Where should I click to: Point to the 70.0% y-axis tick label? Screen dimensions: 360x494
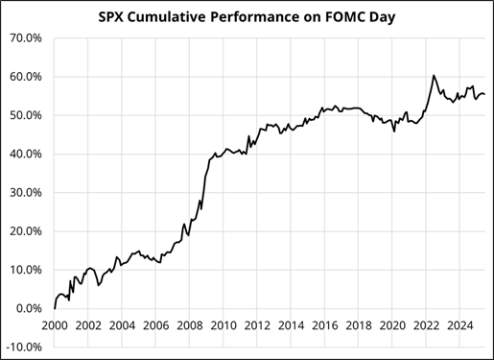coord(27,38)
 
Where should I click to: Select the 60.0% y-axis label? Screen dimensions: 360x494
coord(27,77)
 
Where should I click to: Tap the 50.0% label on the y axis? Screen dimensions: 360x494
coord(27,115)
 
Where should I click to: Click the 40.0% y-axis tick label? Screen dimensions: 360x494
coord(27,154)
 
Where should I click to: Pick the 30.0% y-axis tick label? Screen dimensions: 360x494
coord(27,192)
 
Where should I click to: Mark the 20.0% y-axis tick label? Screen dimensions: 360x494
coord(27,231)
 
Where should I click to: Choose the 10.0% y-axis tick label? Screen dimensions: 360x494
coord(27,270)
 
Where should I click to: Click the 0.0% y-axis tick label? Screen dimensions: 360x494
coord(30,308)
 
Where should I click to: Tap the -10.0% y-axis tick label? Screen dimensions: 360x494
coord(25,347)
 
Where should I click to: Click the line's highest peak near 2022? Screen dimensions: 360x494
coord(434,75)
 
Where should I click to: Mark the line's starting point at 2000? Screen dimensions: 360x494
coord(55,308)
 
